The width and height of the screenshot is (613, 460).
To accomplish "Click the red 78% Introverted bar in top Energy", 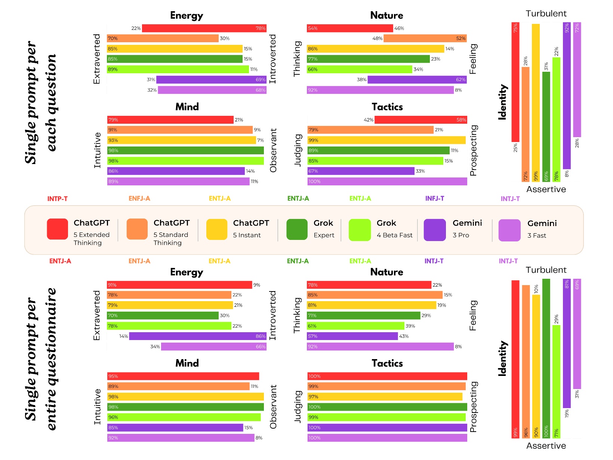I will (x=204, y=28).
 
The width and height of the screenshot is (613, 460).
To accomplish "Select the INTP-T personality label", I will (x=57, y=199).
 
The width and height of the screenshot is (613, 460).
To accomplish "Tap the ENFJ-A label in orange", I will (x=139, y=198).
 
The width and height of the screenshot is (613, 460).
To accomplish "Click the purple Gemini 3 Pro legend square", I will (x=435, y=230).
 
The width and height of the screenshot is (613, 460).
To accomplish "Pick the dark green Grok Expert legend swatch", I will (x=297, y=229).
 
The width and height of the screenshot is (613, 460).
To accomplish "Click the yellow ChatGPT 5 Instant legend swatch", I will (x=217, y=229).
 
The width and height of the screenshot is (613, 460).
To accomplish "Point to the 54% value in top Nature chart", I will (x=312, y=28).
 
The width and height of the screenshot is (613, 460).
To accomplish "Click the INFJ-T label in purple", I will (x=434, y=198).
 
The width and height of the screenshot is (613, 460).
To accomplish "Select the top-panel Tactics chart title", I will (x=387, y=107).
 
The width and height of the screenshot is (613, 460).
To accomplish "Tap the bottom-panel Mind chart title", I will (x=187, y=363).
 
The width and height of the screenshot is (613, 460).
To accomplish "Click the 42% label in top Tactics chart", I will (x=368, y=120).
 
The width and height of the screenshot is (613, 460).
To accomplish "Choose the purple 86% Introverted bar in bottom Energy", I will (x=198, y=336).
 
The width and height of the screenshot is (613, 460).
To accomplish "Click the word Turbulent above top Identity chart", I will (x=546, y=14).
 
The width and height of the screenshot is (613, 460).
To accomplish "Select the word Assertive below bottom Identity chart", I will (x=546, y=446).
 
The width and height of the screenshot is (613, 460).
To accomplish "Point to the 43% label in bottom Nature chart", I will (x=404, y=336).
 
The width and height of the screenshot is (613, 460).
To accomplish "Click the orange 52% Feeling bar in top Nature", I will (x=425, y=38).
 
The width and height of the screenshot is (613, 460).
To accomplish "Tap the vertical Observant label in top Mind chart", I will (x=273, y=151).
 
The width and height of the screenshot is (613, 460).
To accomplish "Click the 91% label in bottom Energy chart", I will (x=112, y=285).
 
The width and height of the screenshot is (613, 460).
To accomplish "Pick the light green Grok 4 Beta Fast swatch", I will (x=360, y=230).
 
